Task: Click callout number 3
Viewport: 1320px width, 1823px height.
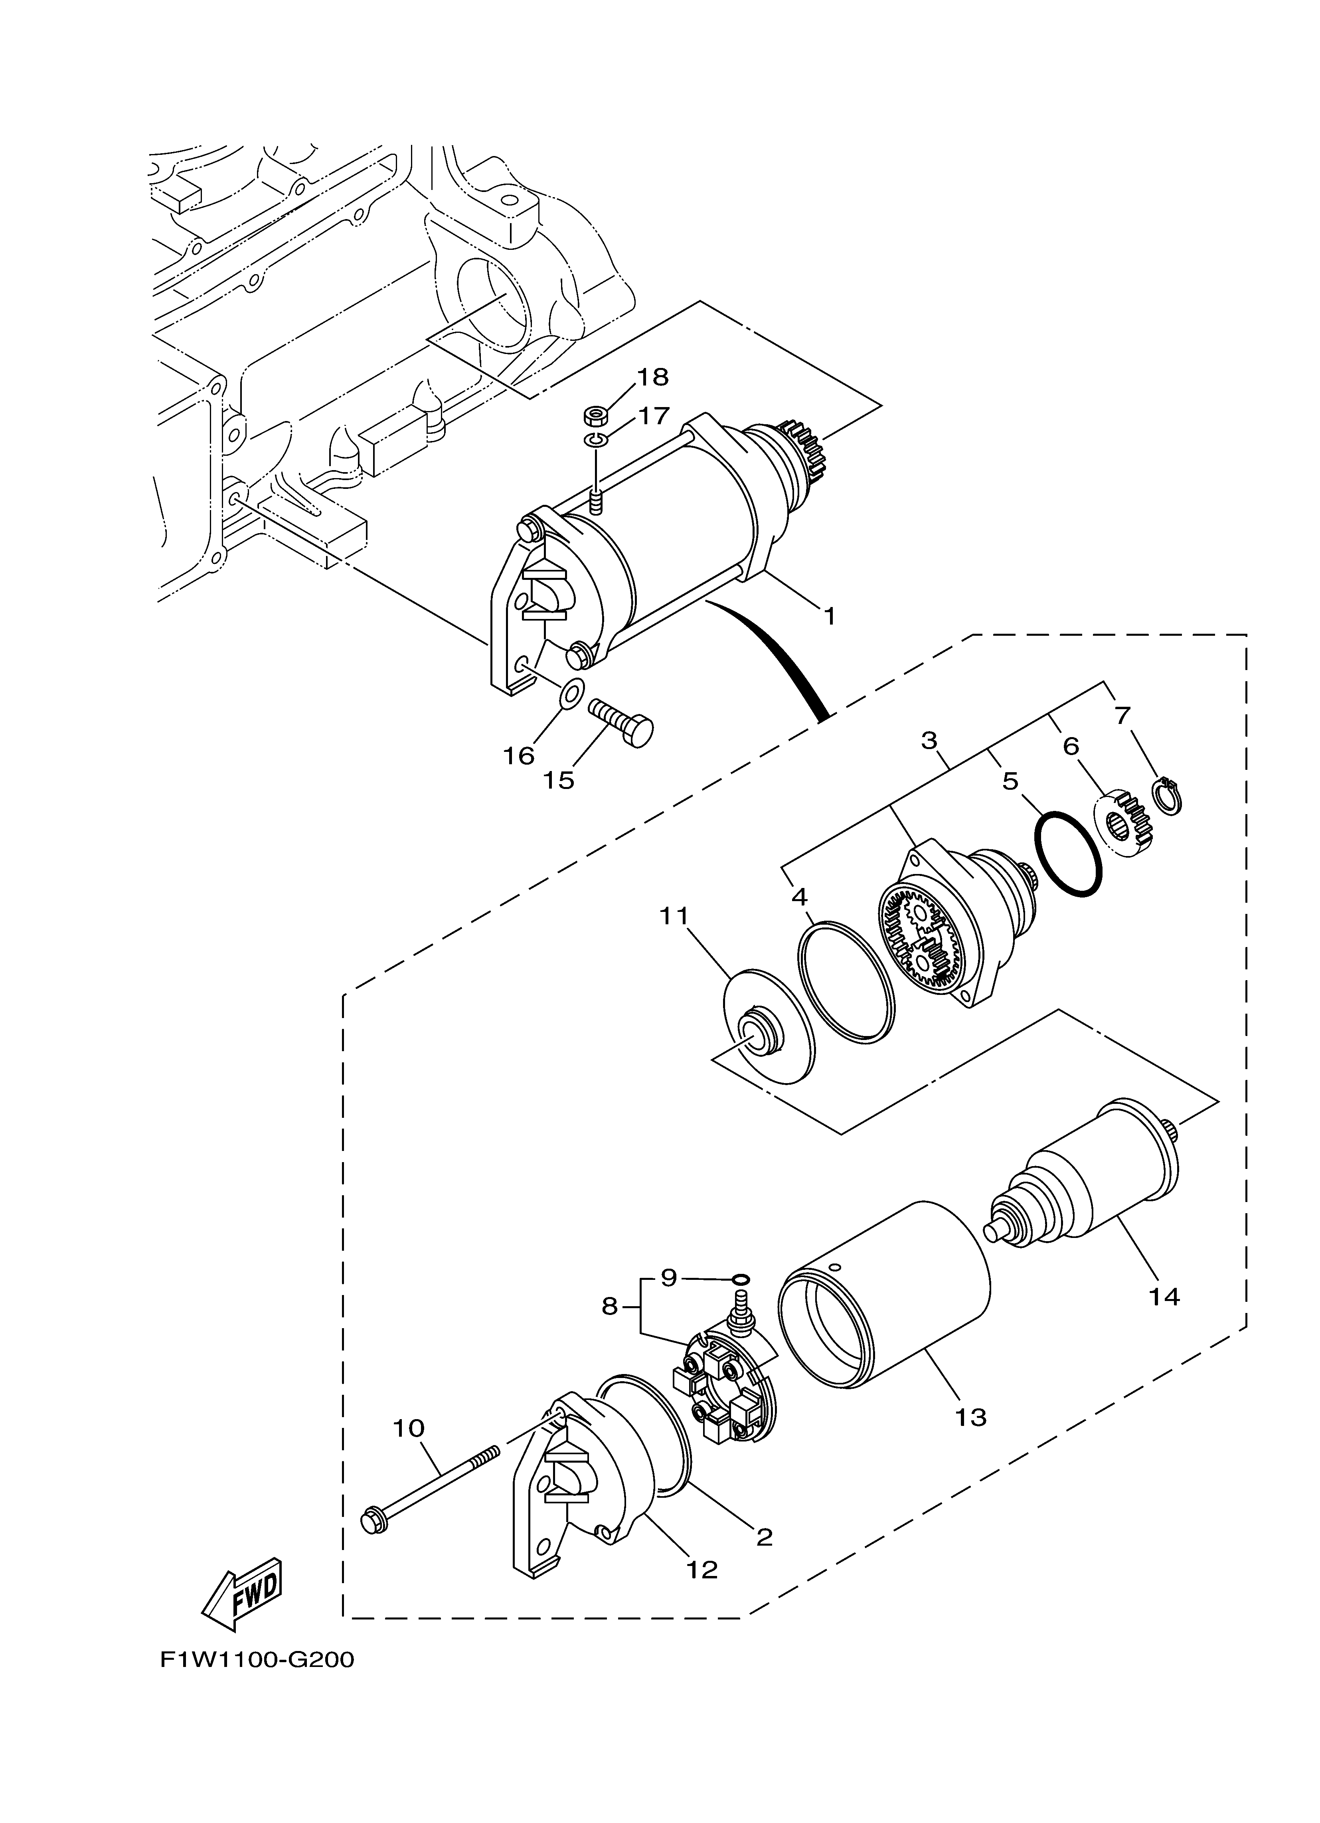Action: pos(930,739)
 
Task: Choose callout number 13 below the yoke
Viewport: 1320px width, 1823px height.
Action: pos(971,1416)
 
